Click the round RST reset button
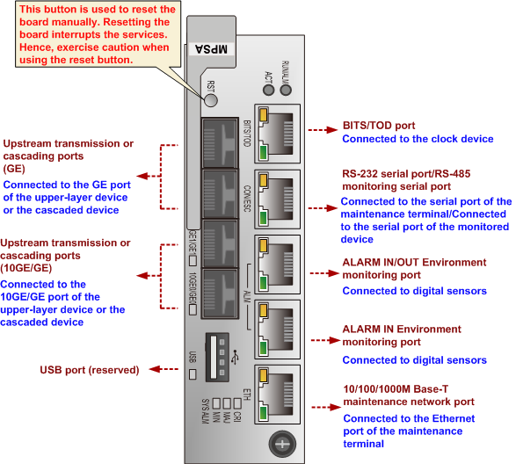[x=211, y=101]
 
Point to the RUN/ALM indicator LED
[x=285, y=89]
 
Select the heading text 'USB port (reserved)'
[x=91, y=370]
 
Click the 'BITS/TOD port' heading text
[x=380, y=127]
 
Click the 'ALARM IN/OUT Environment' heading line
[x=413, y=262]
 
